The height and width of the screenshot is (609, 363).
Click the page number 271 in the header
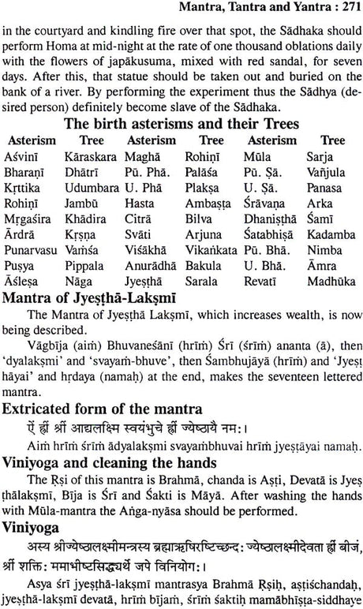click(x=345, y=9)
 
